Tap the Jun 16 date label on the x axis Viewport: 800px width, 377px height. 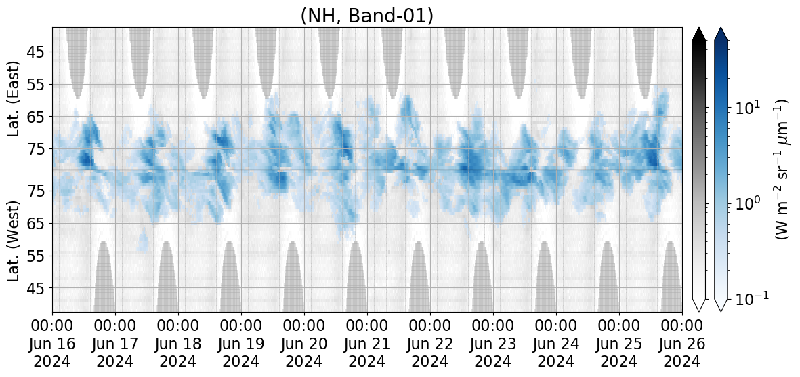[x=53, y=343]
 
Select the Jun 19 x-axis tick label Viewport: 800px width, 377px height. [x=241, y=343]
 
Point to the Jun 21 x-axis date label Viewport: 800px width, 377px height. [x=367, y=343]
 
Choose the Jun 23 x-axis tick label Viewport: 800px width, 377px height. [x=493, y=343]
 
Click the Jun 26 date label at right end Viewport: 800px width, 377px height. [x=682, y=343]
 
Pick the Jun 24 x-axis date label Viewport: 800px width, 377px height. [x=556, y=343]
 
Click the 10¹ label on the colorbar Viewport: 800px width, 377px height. [x=749, y=106]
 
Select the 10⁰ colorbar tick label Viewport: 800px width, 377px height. [x=749, y=202]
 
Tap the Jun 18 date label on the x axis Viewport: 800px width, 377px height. [x=179, y=343]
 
